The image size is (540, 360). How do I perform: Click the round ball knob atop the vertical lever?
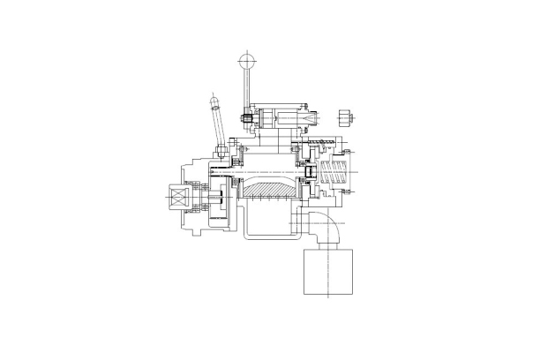coord(246,60)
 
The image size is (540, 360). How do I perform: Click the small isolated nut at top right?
coord(346,116)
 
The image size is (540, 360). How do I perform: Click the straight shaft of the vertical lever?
coord(247,88)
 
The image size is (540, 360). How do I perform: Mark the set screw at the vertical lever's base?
coord(249,116)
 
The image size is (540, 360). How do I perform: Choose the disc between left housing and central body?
coord(231,196)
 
